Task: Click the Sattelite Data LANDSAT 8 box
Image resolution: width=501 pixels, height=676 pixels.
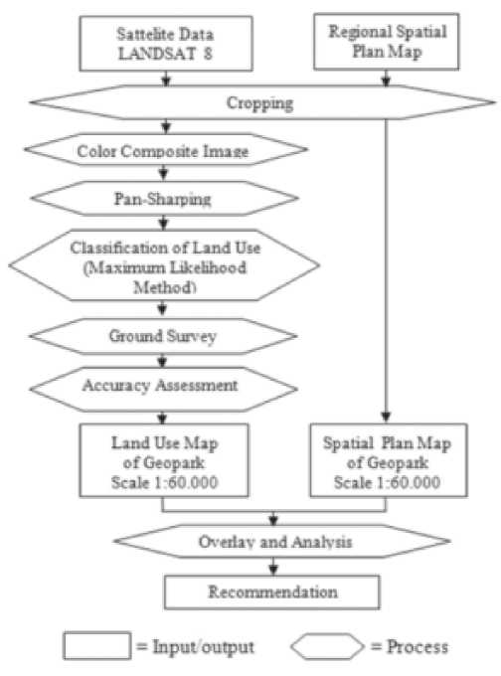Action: click(166, 44)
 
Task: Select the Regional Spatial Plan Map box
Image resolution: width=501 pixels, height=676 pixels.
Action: click(387, 42)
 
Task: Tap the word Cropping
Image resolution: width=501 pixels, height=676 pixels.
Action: click(260, 103)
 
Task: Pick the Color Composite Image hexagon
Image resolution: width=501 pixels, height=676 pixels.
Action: click(166, 149)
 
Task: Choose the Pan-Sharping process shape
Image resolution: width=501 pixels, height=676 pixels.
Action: click(164, 198)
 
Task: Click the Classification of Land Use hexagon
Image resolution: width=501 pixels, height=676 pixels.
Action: click(164, 265)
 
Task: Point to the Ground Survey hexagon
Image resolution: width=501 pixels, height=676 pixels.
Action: click(163, 336)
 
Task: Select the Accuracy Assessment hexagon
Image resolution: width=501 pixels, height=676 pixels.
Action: click(163, 389)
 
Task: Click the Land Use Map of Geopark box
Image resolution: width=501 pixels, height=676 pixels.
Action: click(164, 460)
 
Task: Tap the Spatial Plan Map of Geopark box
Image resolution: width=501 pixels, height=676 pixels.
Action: click(389, 460)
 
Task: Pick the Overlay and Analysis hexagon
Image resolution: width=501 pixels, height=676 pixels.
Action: click(282, 541)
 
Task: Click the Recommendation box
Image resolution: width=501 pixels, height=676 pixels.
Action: click(272, 592)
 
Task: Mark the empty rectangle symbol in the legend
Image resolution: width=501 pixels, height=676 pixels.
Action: click(97, 645)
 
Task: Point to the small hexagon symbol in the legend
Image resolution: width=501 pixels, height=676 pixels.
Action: click(327, 646)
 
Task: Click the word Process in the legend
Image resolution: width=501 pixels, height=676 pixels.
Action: click(417, 647)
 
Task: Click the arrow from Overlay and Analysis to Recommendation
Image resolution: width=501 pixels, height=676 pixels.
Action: click(273, 567)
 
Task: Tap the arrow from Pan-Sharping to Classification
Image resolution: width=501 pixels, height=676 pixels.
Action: click(163, 223)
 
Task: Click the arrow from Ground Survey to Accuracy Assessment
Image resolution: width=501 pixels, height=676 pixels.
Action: click(162, 361)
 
